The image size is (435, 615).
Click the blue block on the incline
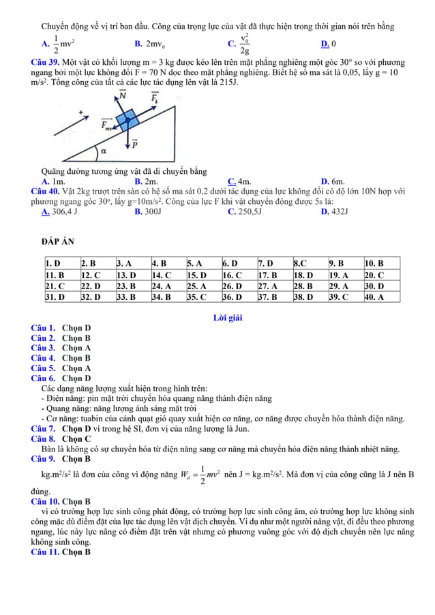point(125,121)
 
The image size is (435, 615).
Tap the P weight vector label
point(134,144)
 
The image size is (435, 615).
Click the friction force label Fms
point(107,125)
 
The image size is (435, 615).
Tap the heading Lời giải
point(228,318)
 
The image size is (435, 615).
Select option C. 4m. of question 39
point(239,181)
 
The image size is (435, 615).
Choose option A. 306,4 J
point(59,211)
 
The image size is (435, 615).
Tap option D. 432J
point(334,211)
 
